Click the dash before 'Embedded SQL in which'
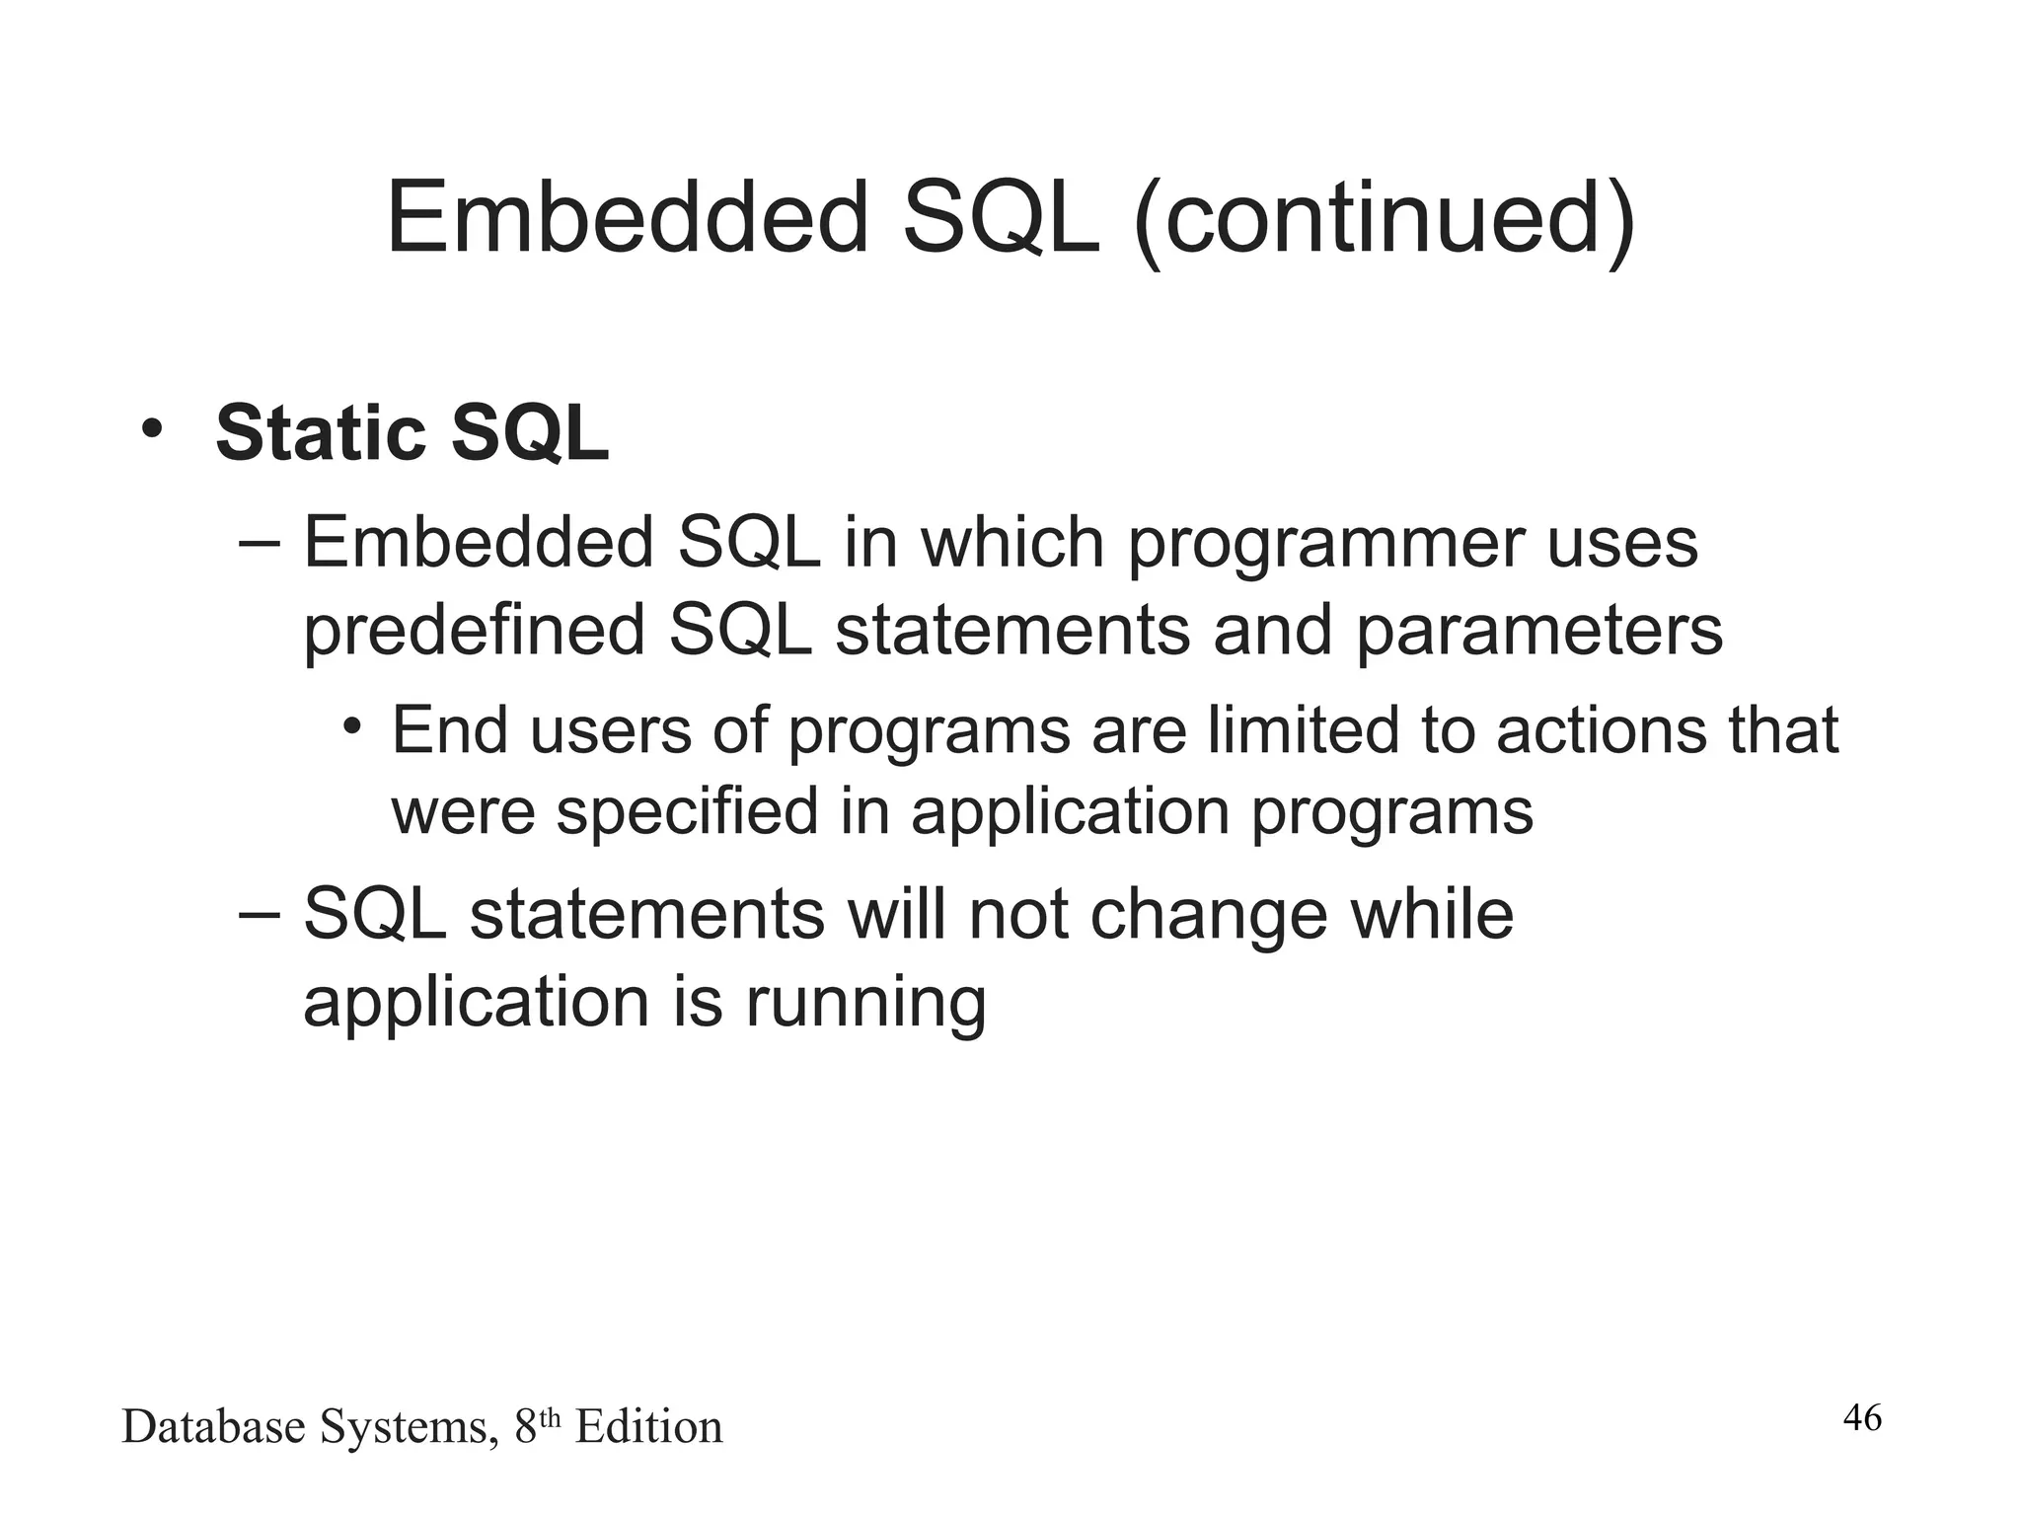point(260,542)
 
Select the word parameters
point(1538,632)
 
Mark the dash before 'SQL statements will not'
point(260,914)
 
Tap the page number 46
point(1862,1418)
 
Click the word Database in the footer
point(213,1427)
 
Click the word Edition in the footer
point(648,1427)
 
